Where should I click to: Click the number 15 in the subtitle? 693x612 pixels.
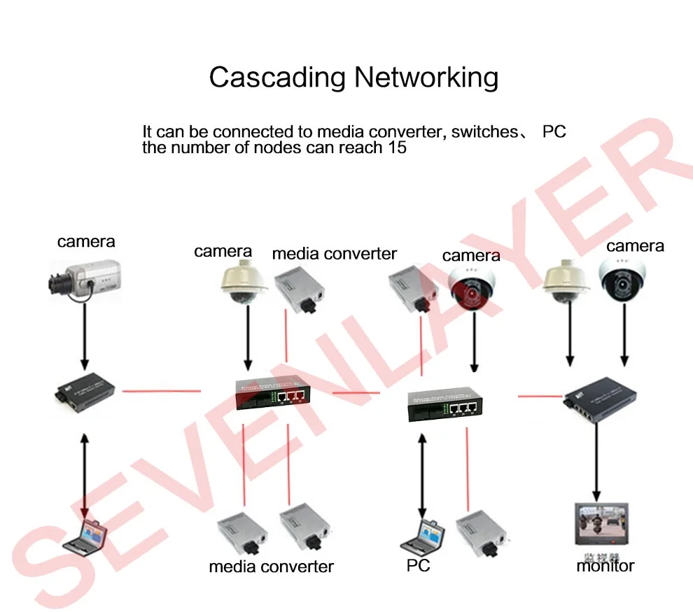tap(396, 148)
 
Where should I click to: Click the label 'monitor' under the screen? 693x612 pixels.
tap(605, 566)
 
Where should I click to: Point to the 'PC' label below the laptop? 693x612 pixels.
tap(418, 565)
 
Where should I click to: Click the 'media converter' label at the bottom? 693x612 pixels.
tap(271, 567)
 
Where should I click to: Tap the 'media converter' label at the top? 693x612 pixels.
tap(334, 254)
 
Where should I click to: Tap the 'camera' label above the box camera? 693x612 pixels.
tap(86, 242)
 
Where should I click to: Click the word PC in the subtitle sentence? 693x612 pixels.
tap(554, 131)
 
